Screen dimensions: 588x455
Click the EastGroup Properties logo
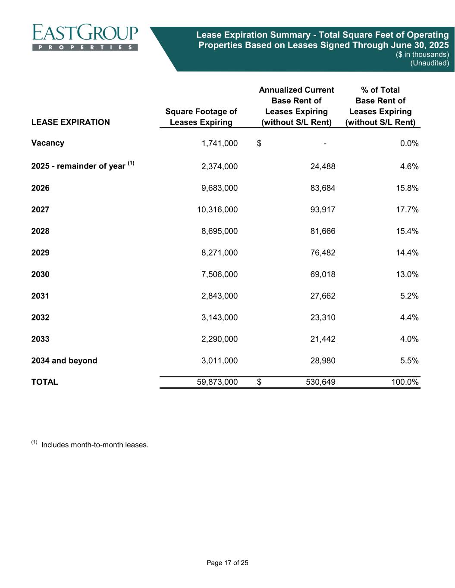(x=85, y=37)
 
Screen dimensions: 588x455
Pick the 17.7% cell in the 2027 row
(x=407, y=210)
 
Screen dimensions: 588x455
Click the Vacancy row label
(x=48, y=143)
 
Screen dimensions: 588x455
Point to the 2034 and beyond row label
(x=64, y=361)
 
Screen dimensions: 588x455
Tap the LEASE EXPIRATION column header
(x=71, y=122)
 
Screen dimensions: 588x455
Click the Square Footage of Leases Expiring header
(x=201, y=117)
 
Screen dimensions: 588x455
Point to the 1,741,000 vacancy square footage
(x=220, y=143)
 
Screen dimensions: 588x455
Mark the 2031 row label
(x=41, y=296)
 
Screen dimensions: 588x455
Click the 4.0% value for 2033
(x=409, y=339)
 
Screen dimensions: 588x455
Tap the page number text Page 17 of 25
(x=227, y=563)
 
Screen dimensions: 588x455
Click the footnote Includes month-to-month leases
(x=94, y=445)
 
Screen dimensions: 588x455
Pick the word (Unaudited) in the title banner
(x=429, y=63)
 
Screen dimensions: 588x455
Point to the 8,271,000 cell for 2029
(x=220, y=253)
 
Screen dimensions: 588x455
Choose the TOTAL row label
(x=44, y=382)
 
